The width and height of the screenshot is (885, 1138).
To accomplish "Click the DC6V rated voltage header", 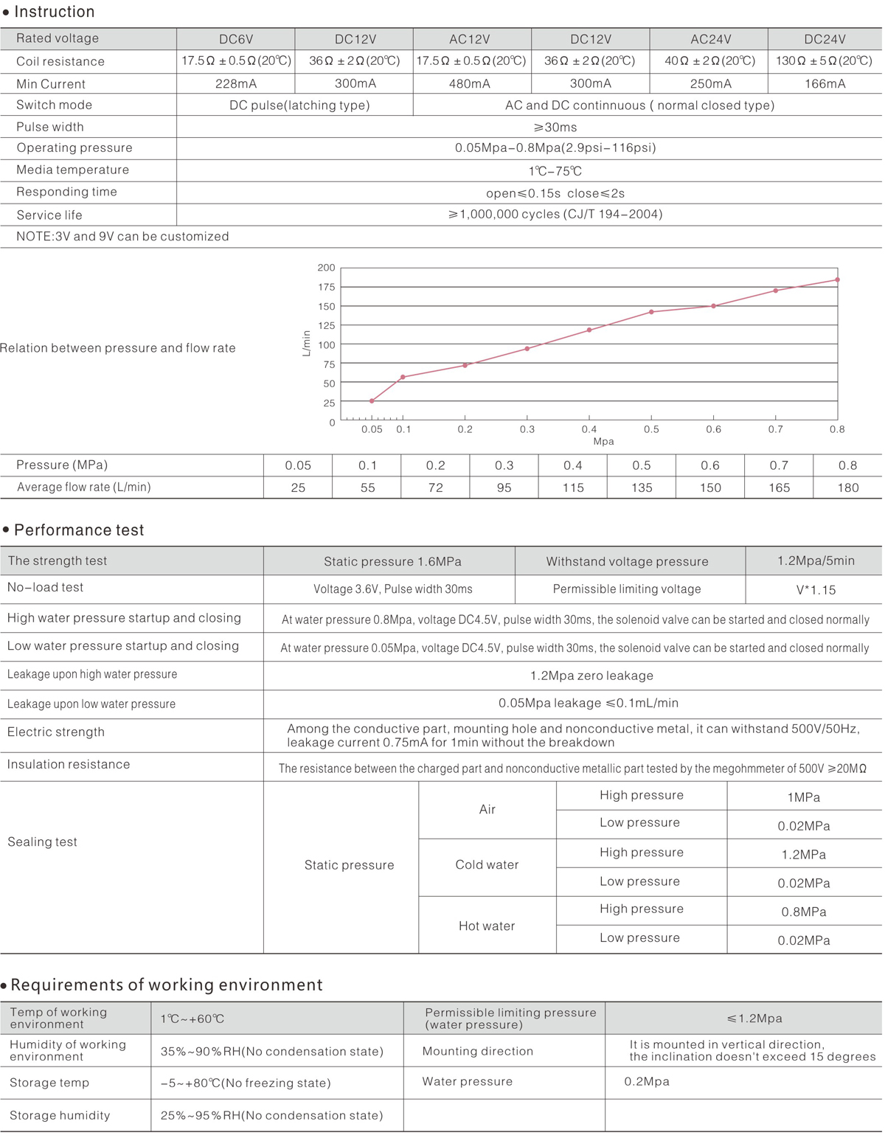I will (236, 39).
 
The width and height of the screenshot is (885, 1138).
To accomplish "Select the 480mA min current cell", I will (470, 83).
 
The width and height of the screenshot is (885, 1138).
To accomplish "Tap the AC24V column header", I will (710, 39).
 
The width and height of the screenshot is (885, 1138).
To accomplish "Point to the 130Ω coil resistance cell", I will (824, 60).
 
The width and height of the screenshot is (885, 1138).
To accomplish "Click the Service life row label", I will (49, 215).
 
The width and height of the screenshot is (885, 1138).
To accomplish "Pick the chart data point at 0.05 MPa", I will (372, 401).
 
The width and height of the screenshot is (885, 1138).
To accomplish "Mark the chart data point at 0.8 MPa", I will (838, 280).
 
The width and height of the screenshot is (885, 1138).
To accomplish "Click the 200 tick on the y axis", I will (326, 268).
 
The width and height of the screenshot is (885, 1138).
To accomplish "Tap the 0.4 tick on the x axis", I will (589, 429).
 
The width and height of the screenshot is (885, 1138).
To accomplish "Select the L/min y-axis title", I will (307, 344).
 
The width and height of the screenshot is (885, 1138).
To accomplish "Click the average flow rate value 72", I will (436, 488).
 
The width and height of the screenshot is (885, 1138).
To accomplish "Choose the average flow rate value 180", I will (848, 488).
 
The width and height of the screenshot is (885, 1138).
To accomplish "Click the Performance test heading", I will (79, 530).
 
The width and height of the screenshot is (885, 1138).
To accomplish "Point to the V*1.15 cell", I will (816, 590).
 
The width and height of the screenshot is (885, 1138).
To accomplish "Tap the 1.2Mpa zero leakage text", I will (591, 676).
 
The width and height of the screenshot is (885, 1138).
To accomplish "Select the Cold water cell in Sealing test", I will (487, 864).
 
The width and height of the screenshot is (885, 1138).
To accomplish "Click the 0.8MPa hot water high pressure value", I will (804, 912).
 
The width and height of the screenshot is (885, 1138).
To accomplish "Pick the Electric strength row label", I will (56, 732).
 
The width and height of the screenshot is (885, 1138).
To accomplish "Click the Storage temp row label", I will (49, 1083).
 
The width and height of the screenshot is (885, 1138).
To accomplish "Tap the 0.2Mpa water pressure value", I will (647, 1081).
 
